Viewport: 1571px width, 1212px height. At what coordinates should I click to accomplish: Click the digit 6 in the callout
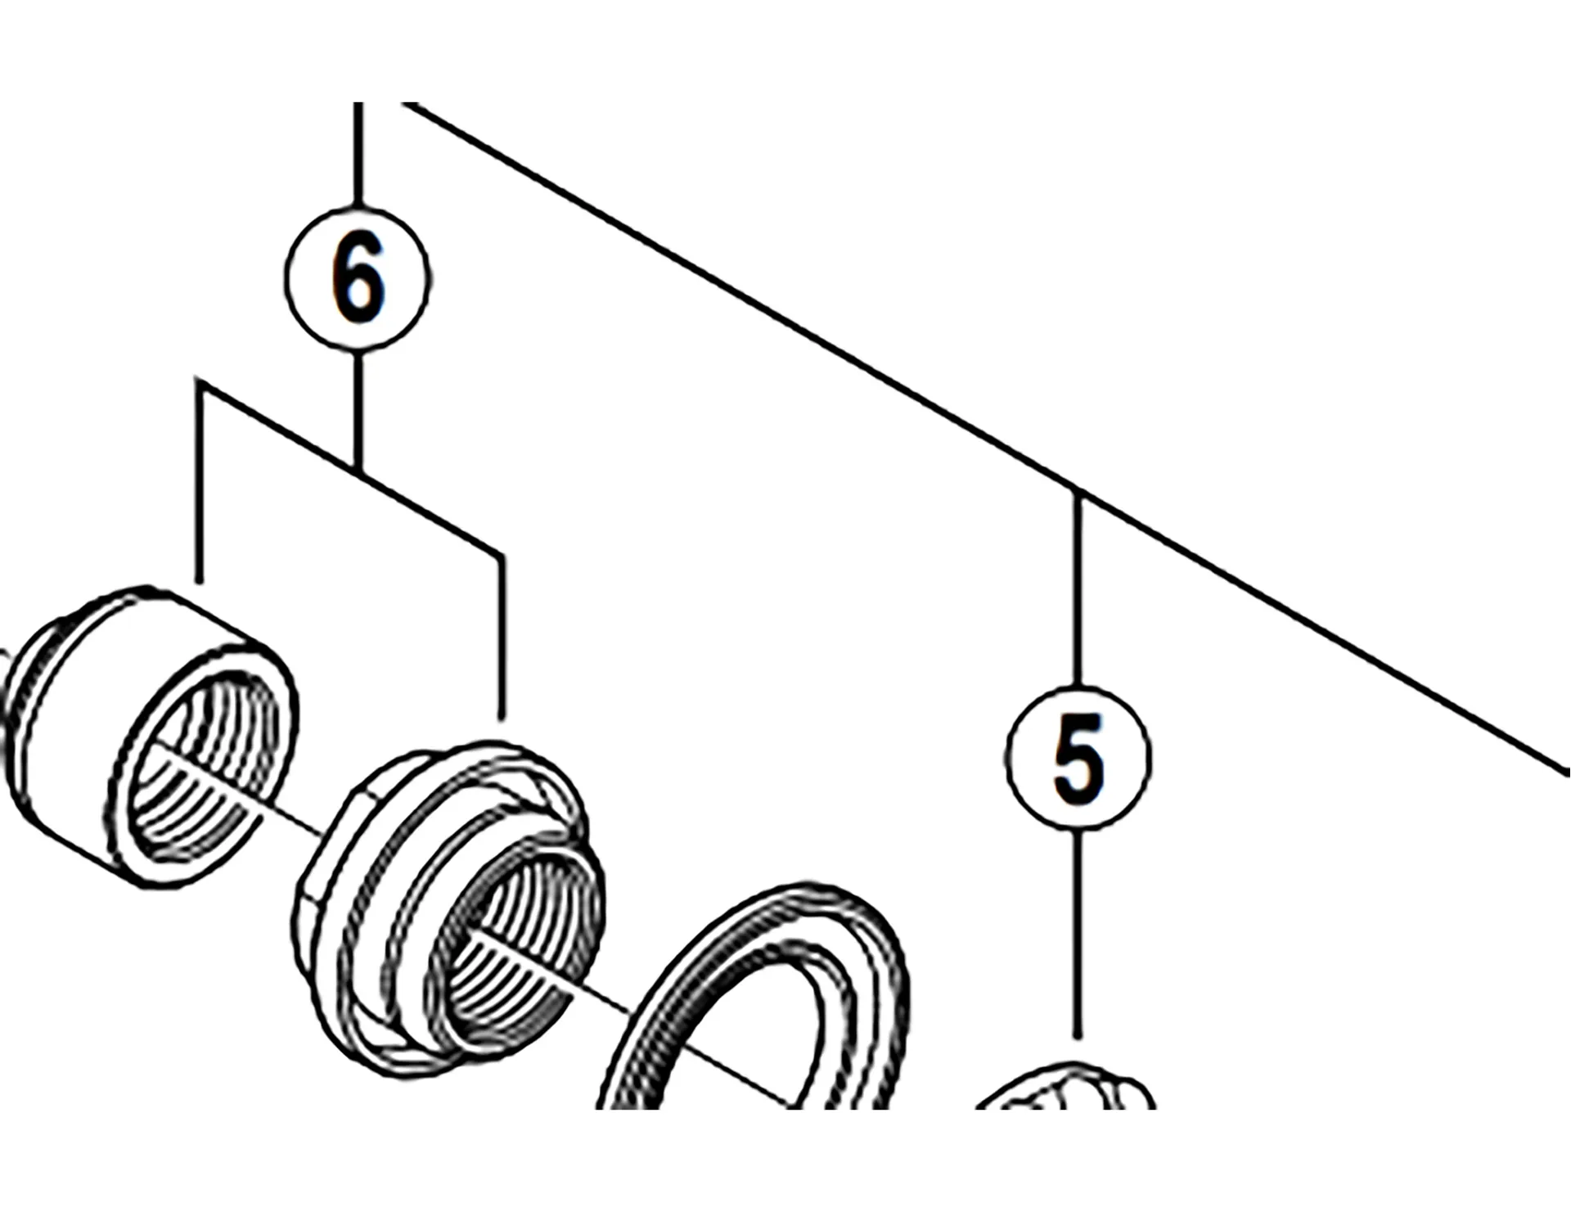358,278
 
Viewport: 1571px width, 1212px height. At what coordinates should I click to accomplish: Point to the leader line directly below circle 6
358,409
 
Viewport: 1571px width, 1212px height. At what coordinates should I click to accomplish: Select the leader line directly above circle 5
1078,589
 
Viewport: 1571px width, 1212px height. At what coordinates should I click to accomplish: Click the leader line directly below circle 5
1078,933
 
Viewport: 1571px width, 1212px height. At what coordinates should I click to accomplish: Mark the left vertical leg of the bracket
200,483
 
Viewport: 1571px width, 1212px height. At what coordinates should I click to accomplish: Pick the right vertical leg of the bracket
501,638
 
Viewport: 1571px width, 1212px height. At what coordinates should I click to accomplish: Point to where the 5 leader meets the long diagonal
1078,493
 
